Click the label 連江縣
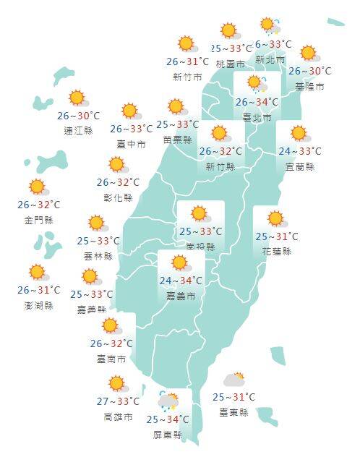point(78,131)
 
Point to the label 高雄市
point(118,417)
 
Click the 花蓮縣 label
point(277,251)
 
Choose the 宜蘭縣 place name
point(299,166)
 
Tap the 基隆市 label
point(309,86)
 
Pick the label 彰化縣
point(119,197)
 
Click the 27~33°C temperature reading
point(118,402)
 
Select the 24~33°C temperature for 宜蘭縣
point(299,152)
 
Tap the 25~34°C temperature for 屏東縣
point(168,419)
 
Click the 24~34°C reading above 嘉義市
point(181,281)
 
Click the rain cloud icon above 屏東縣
point(168,401)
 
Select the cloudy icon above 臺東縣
point(234,378)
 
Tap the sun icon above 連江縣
point(78,98)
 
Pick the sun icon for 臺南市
point(111,325)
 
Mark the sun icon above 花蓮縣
point(275,218)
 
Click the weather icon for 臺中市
point(131,111)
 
